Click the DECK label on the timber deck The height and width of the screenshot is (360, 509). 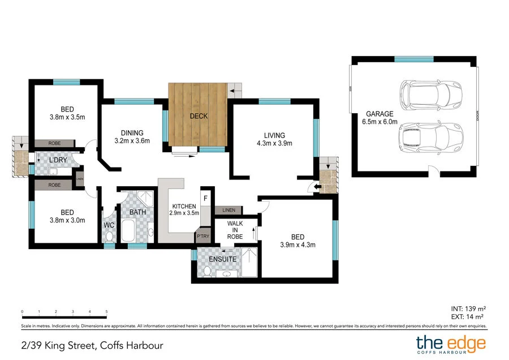pos(199,116)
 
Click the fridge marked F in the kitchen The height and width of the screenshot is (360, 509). pos(206,198)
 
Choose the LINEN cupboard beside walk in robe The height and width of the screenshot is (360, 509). pos(228,210)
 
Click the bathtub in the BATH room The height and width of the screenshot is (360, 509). pos(128,232)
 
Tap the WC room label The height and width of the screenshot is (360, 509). pos(109,225)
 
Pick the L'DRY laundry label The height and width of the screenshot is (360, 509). pos(59,161)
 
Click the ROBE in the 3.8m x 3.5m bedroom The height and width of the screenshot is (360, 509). pos(54,144)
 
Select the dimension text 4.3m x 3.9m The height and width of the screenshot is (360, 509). pos(274,143)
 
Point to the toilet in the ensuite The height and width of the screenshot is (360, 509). pos(208,272)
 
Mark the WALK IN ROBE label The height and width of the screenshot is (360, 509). pos(235,230)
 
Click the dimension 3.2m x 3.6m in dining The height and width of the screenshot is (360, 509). pos(132,141)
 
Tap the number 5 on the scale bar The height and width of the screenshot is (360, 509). pos(106,312)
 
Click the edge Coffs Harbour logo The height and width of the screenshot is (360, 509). pos(451,344)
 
